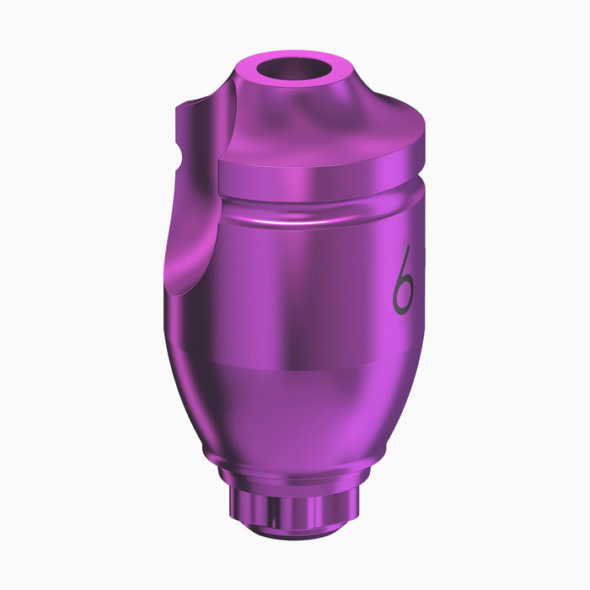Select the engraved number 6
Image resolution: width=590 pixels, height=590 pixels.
pyautogui.click(x=404, y=281)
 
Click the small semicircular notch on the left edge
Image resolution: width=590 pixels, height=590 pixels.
pyautogui.click(x=179, y=155)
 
